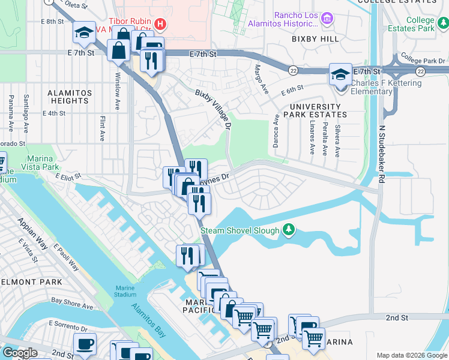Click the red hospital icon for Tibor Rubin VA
coord(160,24)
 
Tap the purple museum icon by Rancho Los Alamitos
coord(327,19)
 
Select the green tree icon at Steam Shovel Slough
coord(289,230)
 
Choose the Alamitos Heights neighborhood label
coord(70,97)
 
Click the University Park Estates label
coord(315,110)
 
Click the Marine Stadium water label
coord(123,290)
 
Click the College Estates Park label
coord(420,24)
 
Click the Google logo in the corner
coord(20,353)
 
